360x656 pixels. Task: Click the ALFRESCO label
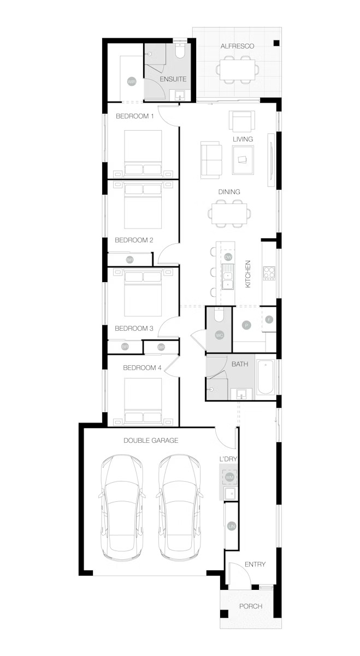click(237, 46)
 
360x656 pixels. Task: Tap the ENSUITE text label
click(173, 79)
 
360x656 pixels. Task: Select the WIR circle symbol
click(131, 81)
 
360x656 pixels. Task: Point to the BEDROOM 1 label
click(135, 116)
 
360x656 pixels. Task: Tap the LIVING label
click(243, 139)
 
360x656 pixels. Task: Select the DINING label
click(229, 192)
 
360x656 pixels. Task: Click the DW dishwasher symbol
click(228, 257)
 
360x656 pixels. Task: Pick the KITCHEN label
click(247, 274)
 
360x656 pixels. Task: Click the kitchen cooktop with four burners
click(269, 273)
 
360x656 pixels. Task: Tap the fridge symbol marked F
click(269, 319)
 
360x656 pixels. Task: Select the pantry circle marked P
click(246, 325)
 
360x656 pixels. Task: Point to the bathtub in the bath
click(267, 377)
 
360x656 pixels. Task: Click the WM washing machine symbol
click(229, 477)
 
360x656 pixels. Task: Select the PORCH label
click(250, 606)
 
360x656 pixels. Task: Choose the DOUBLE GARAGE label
click(150, 440)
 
